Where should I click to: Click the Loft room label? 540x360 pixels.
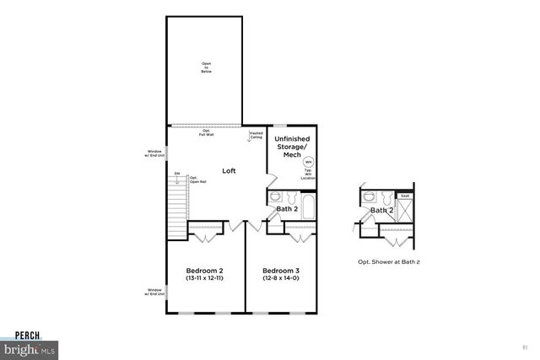(229, 170)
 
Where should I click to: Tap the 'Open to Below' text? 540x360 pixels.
(206, 67)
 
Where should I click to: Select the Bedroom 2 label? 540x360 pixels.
(204, 271)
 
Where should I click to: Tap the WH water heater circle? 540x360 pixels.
(308, 162)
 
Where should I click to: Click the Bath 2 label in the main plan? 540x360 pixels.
(288, 208)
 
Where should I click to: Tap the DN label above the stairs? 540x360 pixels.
(177, 174)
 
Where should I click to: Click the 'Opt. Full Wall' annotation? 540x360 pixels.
(206, 132)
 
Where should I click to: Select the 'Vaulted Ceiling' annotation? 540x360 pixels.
(256, 135)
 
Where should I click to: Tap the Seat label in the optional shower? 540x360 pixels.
(404, 196)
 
